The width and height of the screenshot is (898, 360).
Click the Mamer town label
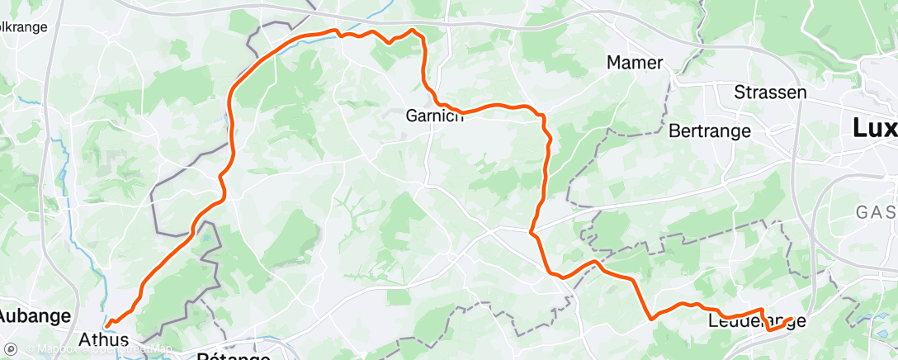[635, 63]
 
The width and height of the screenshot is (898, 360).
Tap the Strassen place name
[770, 92]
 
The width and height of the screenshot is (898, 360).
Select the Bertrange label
[710, 130]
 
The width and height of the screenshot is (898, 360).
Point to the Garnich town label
[435, 116]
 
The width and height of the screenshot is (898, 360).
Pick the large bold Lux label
[875, 128]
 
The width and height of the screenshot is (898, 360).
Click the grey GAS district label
[877, 212]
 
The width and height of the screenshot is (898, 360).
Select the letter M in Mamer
[613, 63]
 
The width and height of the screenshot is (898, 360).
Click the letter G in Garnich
[411, 116]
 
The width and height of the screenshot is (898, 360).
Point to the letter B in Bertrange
[673, 130]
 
